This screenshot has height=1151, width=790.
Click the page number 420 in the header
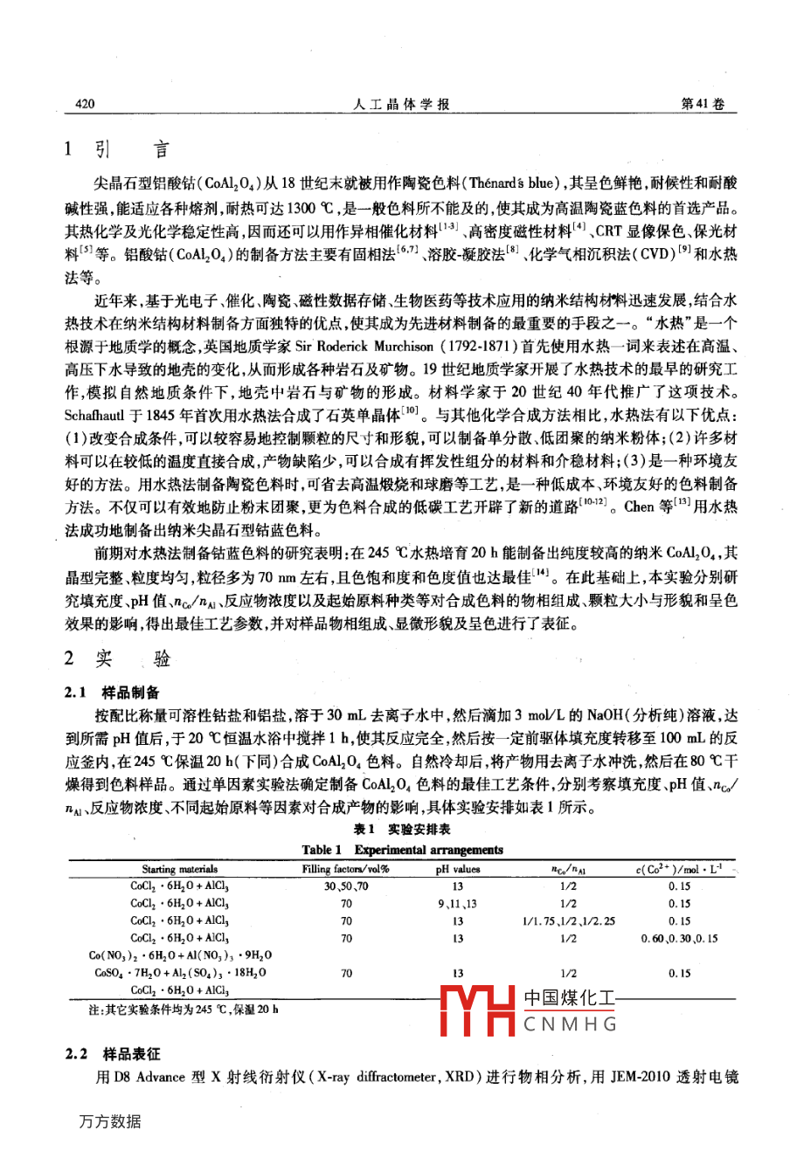click(x=80, y=104)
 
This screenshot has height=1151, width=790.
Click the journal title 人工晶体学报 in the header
click(x=402, y=104)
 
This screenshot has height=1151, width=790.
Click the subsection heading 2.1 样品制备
click(x=112, y=693)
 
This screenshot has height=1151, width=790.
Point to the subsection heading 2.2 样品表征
click(x=112, y=1055)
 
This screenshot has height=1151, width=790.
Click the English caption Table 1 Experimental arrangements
click(x=402, y=850)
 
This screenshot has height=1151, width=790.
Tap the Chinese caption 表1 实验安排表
click(x=402, y=830)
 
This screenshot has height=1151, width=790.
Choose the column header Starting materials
click(x=180, y=869)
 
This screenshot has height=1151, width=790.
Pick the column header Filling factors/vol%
click(x=345, y=869)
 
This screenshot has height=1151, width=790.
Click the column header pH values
click(x=458, y=869)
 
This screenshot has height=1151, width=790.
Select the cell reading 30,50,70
click(x=346, y=886)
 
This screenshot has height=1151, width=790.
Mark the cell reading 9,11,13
click(x=458, y=903)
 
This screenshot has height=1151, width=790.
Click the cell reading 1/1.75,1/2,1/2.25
click(x=568, y=920)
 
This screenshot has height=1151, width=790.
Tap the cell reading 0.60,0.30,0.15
click(x=679, y=938)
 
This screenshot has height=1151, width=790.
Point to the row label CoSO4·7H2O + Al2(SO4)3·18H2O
click(x=180, y=972)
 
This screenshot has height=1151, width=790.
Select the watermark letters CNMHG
click(x=571, y=1024)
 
